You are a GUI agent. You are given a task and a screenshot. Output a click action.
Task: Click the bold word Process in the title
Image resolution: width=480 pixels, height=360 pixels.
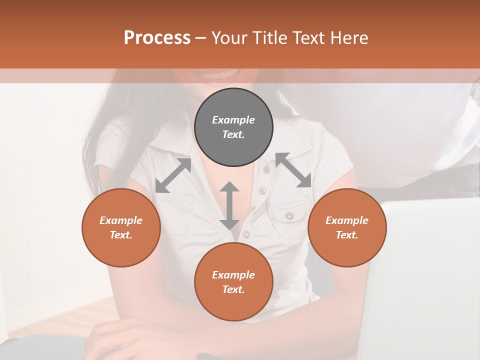(x=157, y=38)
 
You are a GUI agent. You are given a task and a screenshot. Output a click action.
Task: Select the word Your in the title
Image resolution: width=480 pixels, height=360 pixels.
(x=228, y=38)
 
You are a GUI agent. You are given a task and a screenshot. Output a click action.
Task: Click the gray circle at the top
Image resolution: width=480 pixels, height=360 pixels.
(x=233, y=127)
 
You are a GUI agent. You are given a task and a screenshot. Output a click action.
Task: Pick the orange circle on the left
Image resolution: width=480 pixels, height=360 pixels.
(x=121, y=227)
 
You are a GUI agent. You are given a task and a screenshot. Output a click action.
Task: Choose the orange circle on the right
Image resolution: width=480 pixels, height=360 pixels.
(x=347, y=227)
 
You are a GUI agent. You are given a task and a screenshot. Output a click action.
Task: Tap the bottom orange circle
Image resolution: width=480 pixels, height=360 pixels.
(x=233, y=282)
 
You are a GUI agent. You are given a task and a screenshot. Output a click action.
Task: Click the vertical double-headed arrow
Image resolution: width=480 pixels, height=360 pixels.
(x=229, y=205)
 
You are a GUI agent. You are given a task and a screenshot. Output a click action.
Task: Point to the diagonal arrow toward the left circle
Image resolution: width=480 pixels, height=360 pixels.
(x=173, y=175)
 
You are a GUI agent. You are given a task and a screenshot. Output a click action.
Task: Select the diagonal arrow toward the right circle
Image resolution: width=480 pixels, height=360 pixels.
(x=293, y=170)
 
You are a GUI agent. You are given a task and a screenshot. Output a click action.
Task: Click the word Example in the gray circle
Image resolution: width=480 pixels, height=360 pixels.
(x=233, y=120)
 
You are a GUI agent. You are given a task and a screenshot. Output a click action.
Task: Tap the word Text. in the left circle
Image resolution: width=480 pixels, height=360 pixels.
(x=121, y=235)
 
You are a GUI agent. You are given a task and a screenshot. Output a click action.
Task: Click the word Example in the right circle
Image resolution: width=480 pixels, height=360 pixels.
(x=347, y=220)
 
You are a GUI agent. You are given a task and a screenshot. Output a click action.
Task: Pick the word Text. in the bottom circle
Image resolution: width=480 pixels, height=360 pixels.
(x=233, y=289)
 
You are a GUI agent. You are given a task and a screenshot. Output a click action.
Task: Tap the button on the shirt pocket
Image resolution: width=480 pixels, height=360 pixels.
(x=289, y=215)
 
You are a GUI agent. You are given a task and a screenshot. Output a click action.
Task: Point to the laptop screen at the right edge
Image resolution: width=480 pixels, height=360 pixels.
(x=425, y=280)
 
